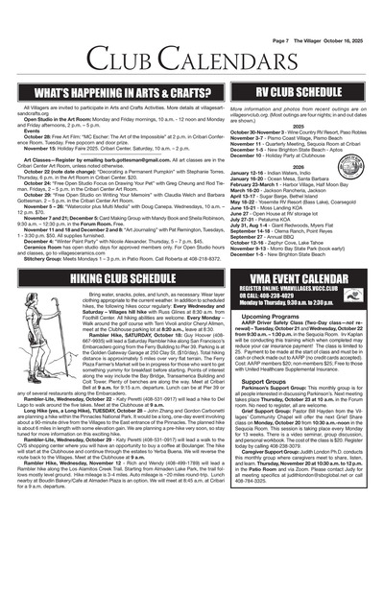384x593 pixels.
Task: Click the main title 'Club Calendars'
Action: pos(192,46)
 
